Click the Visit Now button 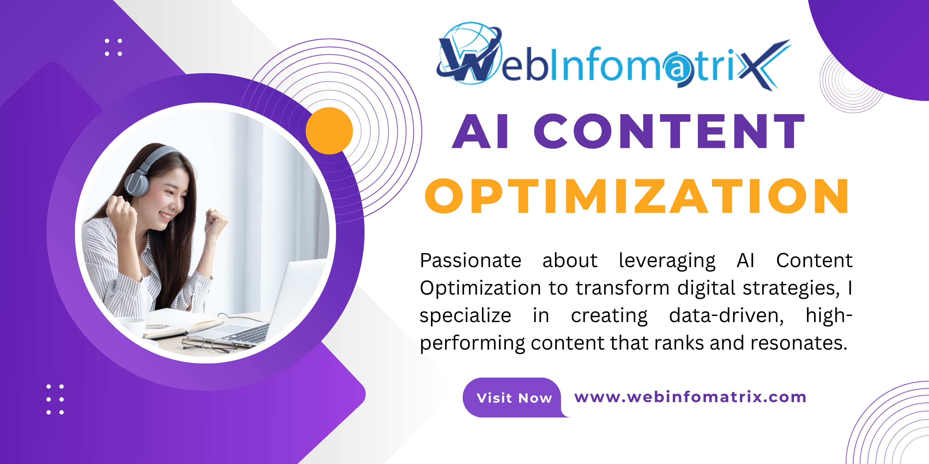coord(514,398)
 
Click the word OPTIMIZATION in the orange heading coord(637,196)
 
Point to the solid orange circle coord(329,131)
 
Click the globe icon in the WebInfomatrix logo coord(469,52)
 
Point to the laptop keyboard coord(249,333)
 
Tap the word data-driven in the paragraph coord(726,315)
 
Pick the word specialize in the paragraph coord(465,315)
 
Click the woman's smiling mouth coord(166,216)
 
